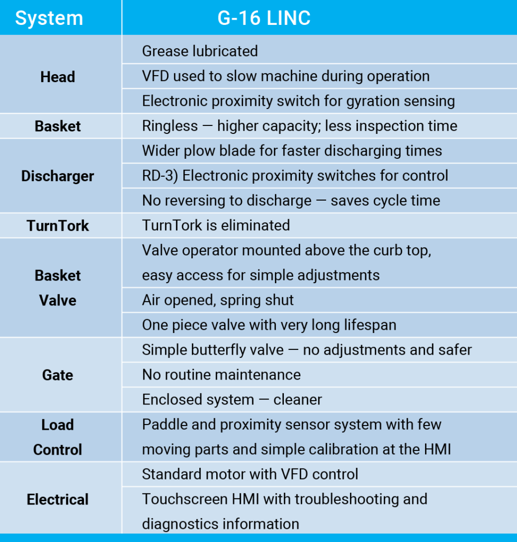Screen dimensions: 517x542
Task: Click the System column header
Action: click(x=49, y=18)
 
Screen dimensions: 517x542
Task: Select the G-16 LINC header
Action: click(x=264, y=18)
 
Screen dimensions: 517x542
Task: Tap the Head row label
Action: click(x=58, y=77)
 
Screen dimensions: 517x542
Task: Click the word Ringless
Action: click(x=170, y=126)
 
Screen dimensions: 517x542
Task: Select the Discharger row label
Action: click(x=58, y=176)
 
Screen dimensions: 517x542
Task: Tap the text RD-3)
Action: click(x=160, y=176)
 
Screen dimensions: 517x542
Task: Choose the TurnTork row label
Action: click(x=58, y=225)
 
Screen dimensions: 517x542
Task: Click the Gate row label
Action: click(x=58, y=375)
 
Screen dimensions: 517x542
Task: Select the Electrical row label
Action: click(x=58, y=500)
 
